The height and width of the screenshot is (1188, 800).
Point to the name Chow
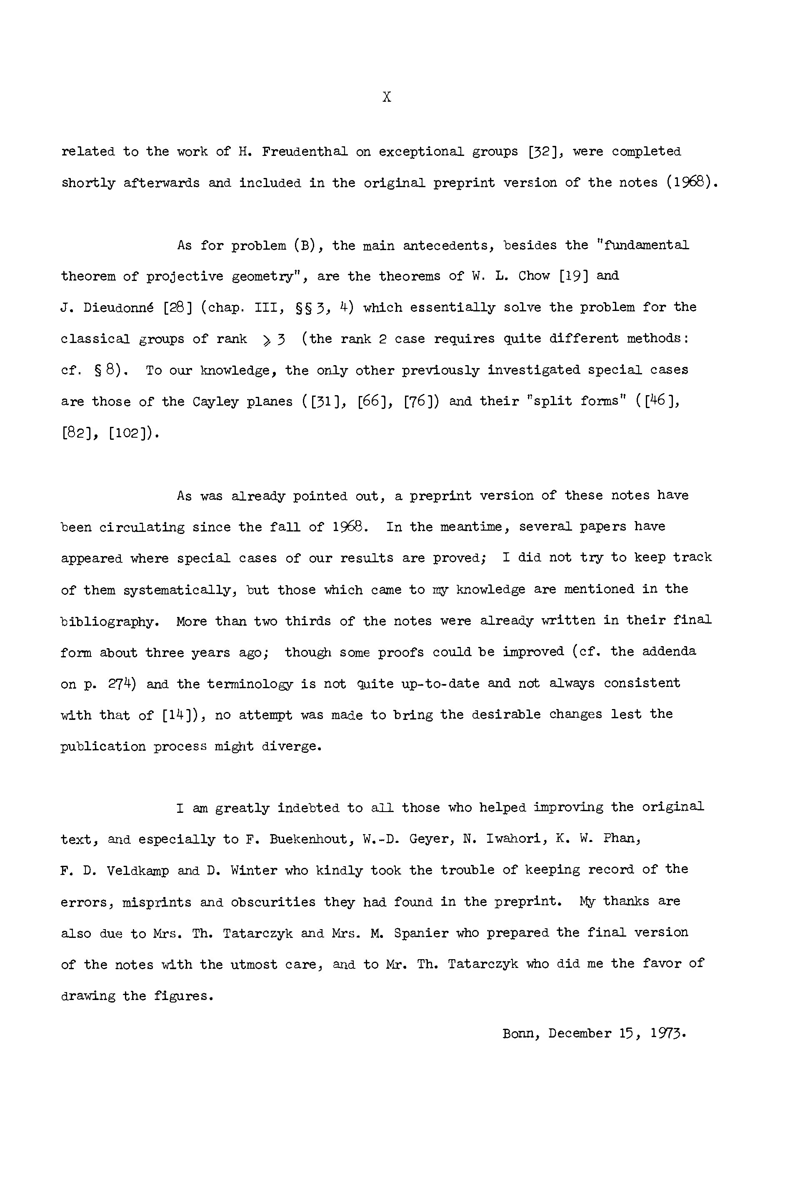pos(534,276)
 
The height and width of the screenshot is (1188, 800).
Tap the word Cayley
pos(216,401)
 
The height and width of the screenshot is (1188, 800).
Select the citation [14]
pos(180,715)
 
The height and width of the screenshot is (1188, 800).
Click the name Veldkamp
pos(137,871)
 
